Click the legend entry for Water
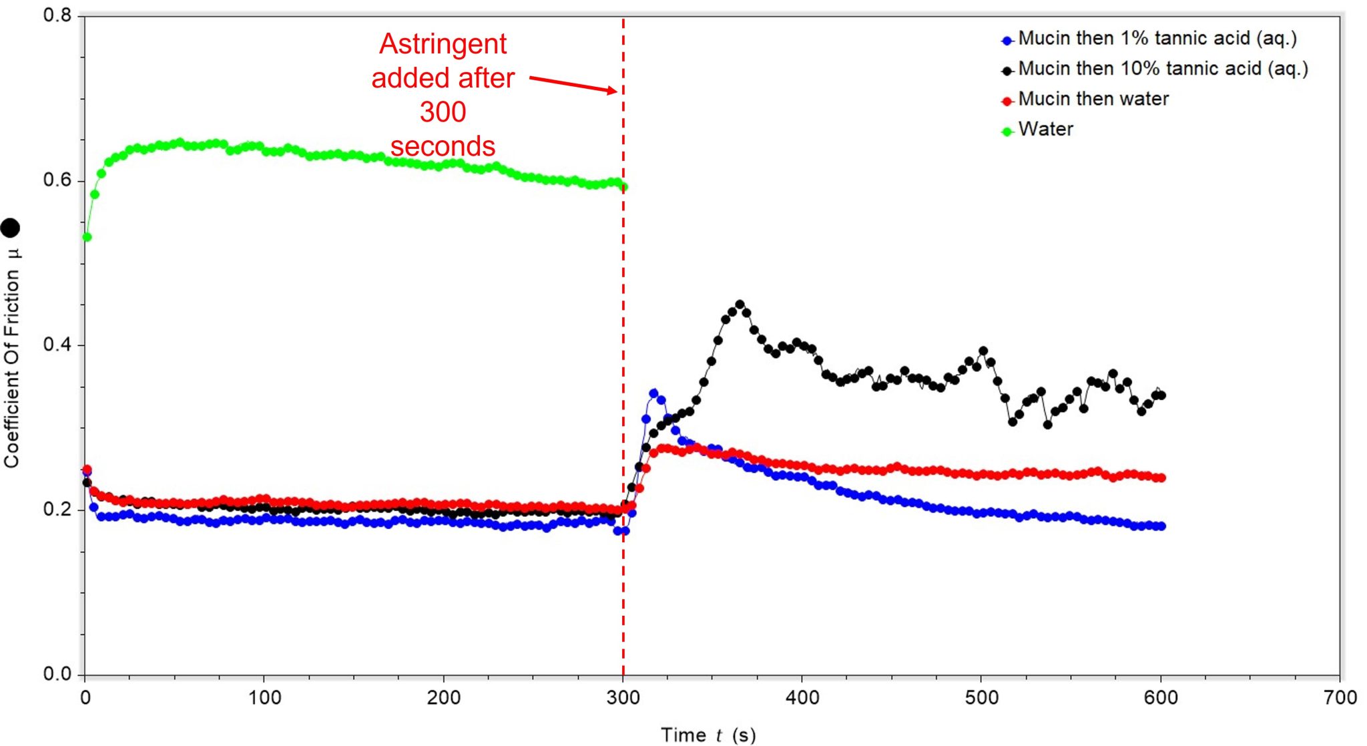click(1045, 129)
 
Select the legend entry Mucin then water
click(1093, 99)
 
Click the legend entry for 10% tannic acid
click(1162, 69)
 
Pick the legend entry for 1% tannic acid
click(1157, 39)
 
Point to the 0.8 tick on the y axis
click(57, 15)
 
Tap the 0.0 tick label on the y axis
click(57, 674)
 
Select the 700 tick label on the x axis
click(1340, 698)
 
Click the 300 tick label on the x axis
click(623, 698)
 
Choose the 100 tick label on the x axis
click(264, 698)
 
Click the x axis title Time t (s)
click(708, 735)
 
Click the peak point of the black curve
click(740, 305)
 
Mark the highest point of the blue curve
click(653, 393)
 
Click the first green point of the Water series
click(87, 237)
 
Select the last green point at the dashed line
click(623, 187)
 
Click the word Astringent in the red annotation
click(443, 44)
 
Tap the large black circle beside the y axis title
click(10, 228)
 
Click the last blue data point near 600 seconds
click(1161, 526)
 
